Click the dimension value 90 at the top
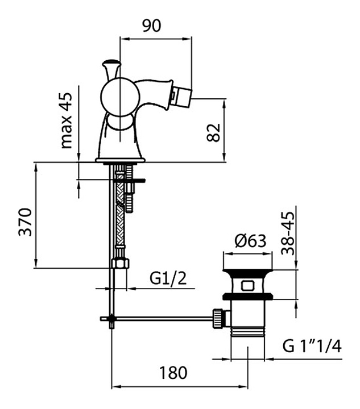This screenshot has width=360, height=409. tap(152, 26)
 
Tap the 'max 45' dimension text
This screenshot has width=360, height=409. tap(66, 120)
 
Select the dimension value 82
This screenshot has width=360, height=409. tap(213, 132)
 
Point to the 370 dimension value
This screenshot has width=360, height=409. tap(26, 222)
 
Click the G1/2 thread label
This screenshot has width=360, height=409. tap(168, 278)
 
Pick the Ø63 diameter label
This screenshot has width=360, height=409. tap(250, 240)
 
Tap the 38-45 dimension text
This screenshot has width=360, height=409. tap(288, 233)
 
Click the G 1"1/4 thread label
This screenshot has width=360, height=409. tap(312, 346)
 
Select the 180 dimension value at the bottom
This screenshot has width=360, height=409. tap(173, 373)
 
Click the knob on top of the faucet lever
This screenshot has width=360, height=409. tap(111, 63)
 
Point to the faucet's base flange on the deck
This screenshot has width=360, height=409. tap(120, 160)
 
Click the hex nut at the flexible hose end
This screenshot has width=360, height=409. tap(120, 263)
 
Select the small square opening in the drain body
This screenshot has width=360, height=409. tap(247, 285)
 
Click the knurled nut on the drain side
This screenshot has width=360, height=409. tap(218, 318)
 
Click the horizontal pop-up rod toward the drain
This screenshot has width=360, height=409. tap(163, 318)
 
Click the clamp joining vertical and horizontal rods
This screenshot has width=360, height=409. tap(111, 319)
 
